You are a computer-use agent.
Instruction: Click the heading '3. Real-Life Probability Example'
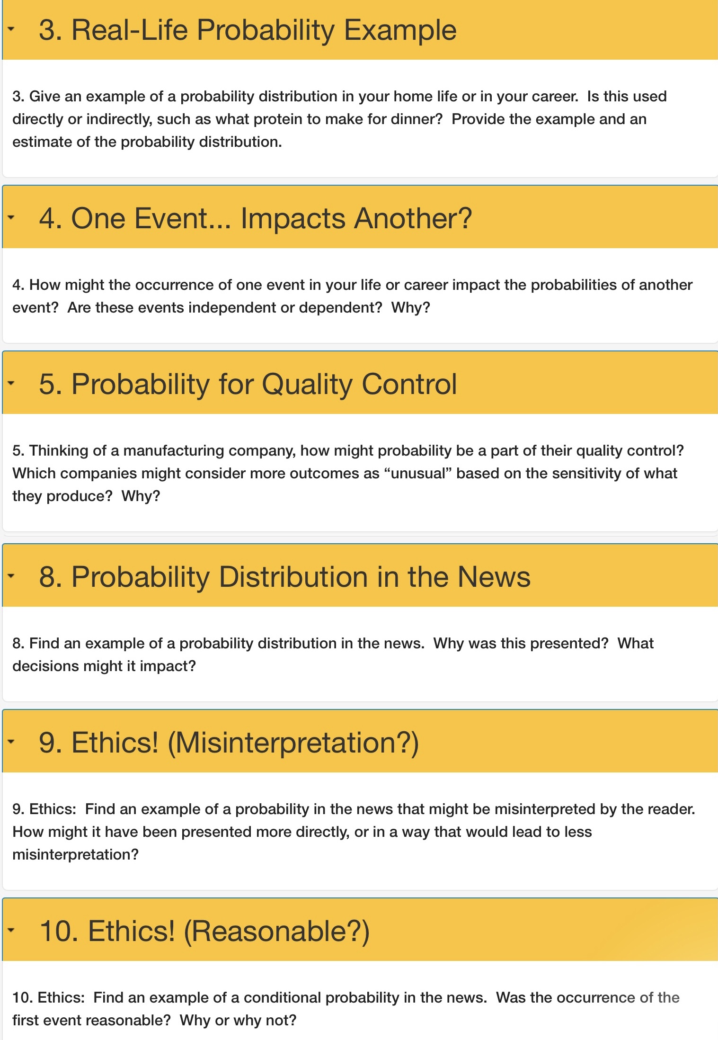coord(248,30)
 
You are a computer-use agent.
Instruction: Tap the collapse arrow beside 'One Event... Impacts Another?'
coord(11,218)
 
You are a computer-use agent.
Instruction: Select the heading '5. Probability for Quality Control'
coord(248,384)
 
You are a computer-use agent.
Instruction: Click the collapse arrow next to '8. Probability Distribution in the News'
coord(11,576)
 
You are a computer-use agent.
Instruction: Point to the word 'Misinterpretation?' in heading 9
coord(293,742)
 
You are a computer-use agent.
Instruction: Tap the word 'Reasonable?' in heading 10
coord(276,931)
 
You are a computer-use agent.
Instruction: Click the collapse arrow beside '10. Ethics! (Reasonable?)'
coord(11,930)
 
